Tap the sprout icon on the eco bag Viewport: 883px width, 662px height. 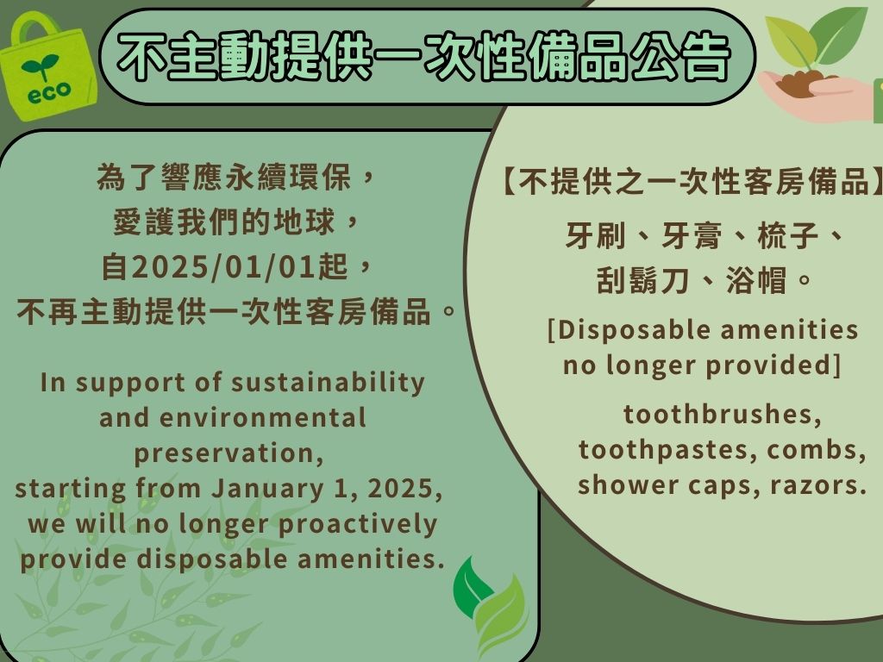click(x=40, y=66)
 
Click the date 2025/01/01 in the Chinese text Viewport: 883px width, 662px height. click(x=224, y=266)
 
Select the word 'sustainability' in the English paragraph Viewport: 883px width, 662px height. click(x=328, y=384)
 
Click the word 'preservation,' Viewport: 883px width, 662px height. click(x=229, y=453)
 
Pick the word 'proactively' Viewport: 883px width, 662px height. click(x=358, y=525)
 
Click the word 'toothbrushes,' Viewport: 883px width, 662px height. click(x=722, y=415)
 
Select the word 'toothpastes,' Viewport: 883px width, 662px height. click(x=668, y=450)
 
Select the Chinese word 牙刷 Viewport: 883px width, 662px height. click(x=595, y=235)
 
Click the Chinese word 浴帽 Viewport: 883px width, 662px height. click(x=755, y=280)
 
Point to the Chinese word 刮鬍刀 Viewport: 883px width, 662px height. click(x=642, y=280)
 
